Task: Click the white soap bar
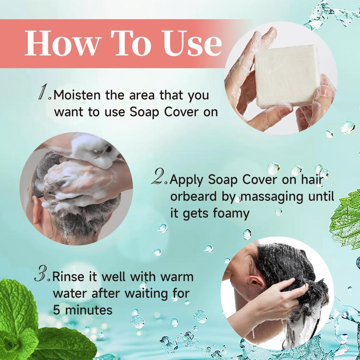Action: (287, 76)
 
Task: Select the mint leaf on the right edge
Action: (346, 220)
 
